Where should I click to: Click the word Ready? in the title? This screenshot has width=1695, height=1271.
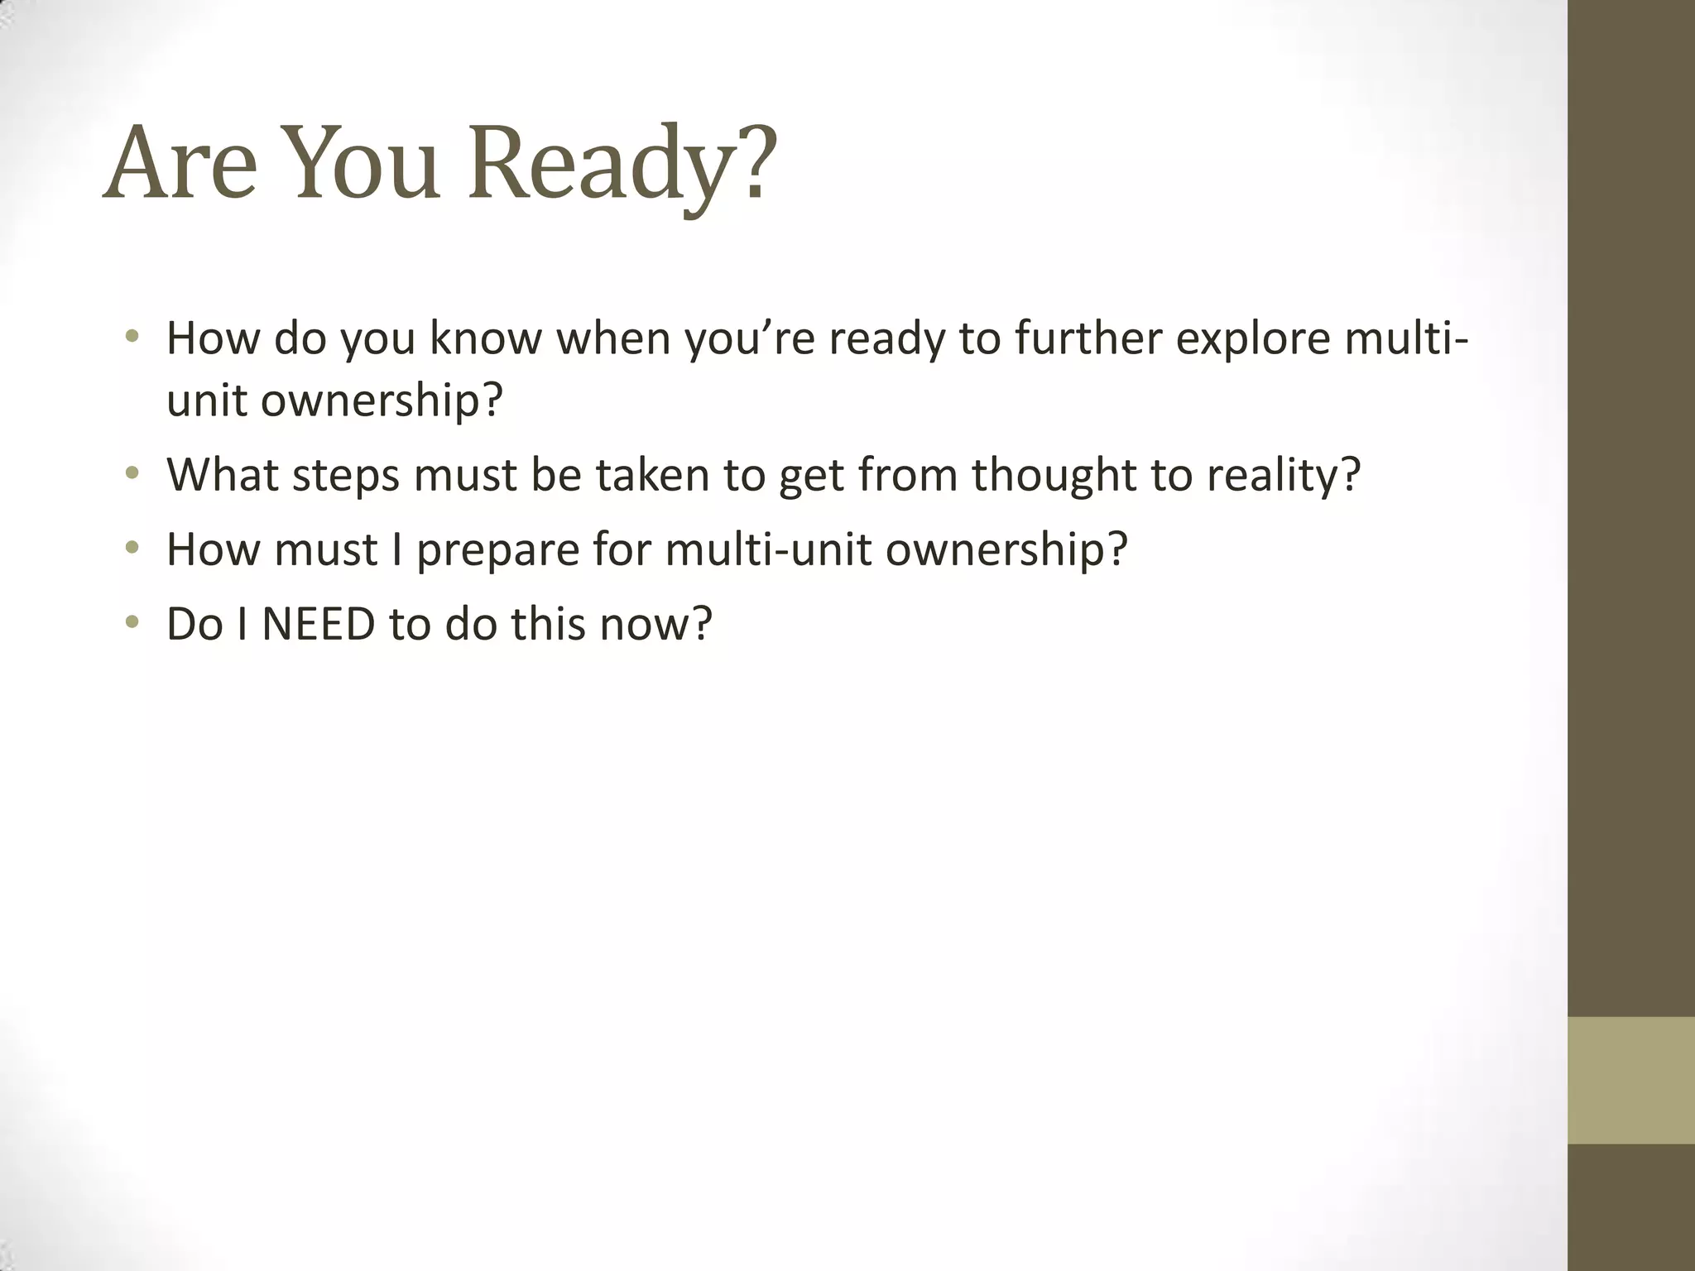pyautogui.click(x=622, y=163)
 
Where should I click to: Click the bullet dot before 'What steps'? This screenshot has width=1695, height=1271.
pyautogui.click(x=132, y=474)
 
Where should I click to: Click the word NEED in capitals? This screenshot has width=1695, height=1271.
pyautogui.click(x=319, y=624)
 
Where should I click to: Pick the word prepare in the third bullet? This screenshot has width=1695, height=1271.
pyautogui.click(x=497, y=550)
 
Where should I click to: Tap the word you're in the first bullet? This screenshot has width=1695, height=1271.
pyautogui.click(x=750, y=339)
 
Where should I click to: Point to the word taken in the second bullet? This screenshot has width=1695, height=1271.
pyautogui.click(x=652, y=474)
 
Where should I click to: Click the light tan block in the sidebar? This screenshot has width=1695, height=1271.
pyautogui.click(x=1630, y=1080)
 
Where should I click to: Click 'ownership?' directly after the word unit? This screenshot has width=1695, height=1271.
pyautogui.click(x=382, y=402)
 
